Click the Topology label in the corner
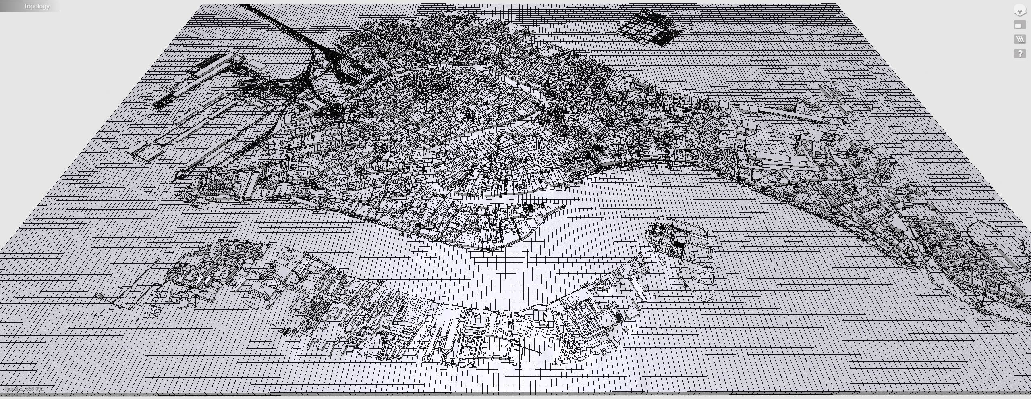(x=36, y=6)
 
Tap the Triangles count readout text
(x=23, y=389)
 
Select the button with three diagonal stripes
(x=1020, y=39)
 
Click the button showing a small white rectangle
(x=1020, y=25)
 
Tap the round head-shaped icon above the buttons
(x=1020, y=10)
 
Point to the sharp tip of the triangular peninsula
(x=564, y=207)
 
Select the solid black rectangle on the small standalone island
(x=679, y=245)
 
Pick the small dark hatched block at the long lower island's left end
(x=285, y=332)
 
